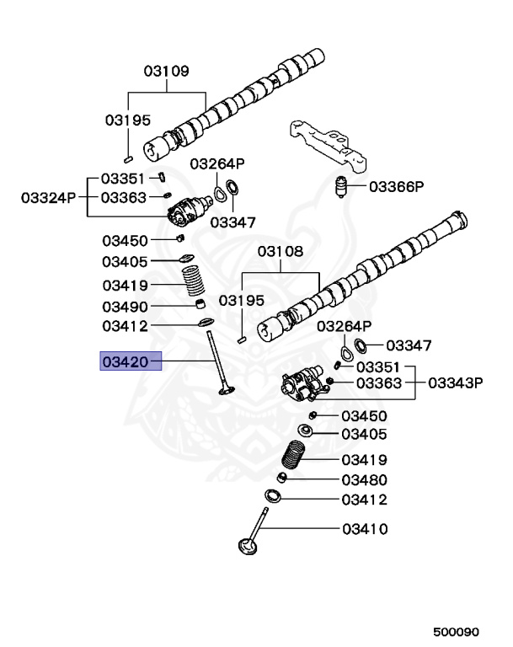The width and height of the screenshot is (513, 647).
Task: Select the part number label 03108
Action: coord(280,251)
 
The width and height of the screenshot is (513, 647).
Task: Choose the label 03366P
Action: coord(396,187)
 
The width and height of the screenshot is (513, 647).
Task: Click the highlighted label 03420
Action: coord(126,362)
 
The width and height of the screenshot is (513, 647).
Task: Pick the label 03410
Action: coord(364,530)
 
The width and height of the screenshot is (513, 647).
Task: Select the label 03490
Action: coord(126,307)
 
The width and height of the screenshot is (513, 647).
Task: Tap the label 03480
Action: coord(364,480)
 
